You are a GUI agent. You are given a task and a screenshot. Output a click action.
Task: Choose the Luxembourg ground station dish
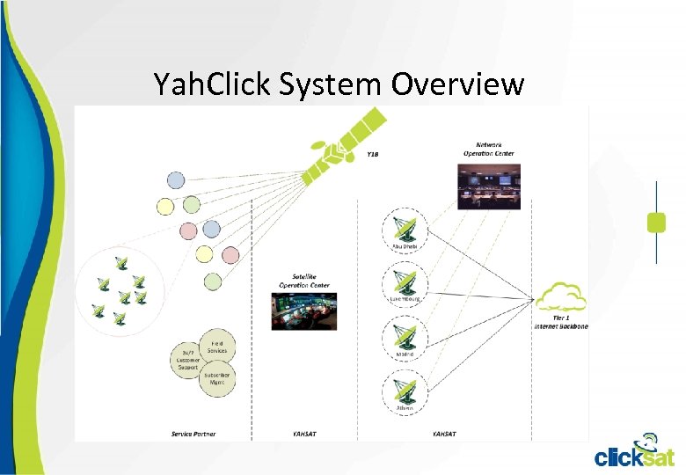(x=405, y=282)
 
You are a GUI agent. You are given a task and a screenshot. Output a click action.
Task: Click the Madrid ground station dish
(x=405, y=338)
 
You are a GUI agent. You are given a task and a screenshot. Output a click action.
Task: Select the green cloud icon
(x=560, y=297)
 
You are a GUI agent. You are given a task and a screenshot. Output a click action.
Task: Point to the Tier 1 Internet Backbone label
(x=560, y=323)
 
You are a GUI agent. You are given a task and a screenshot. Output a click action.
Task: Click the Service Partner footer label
(x=193, y=434)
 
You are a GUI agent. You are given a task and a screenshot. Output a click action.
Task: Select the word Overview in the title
(x=457, y=84)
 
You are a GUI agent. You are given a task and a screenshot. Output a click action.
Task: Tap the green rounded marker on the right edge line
(x=656, y=222)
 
